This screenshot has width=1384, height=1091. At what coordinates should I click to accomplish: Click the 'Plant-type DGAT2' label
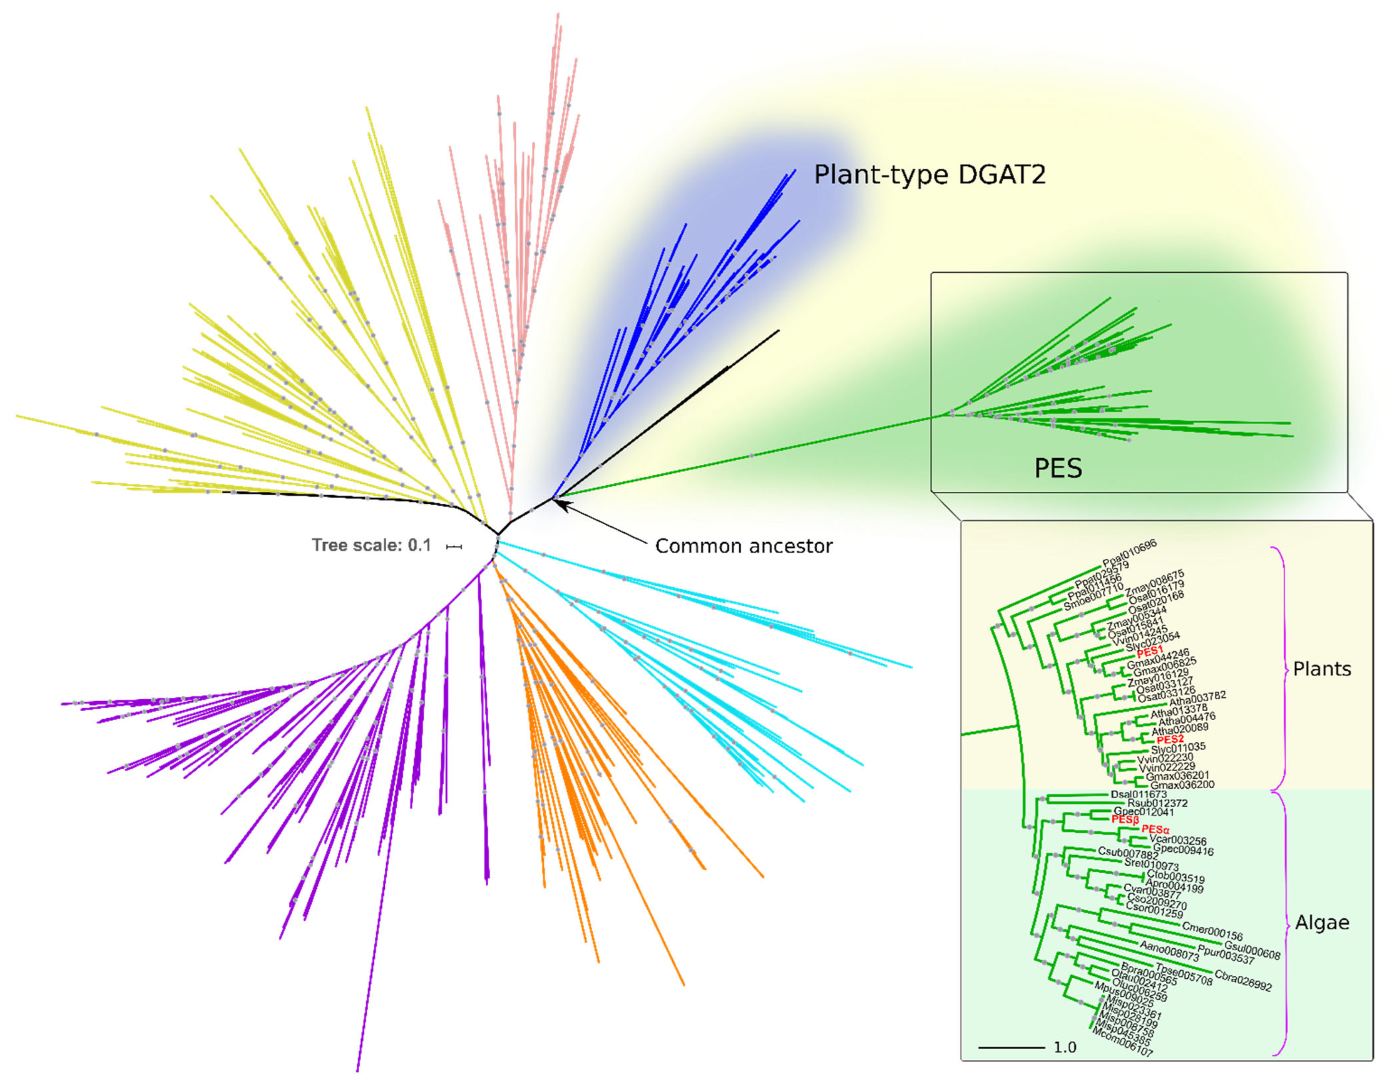point(929,174)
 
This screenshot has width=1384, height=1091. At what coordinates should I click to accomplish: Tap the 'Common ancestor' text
point(743,546)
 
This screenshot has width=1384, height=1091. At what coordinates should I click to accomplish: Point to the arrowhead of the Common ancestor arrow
point(555,502)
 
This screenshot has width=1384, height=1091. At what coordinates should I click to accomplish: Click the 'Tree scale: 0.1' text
point(371,545)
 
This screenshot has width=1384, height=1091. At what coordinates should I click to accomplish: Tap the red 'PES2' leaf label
point(1170,739)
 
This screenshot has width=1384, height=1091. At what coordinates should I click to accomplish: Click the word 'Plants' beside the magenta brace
point(1322,669)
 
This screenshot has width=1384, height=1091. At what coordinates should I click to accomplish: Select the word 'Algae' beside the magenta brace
point(1322,923)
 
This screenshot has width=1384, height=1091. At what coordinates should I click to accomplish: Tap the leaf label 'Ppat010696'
point(1129,553)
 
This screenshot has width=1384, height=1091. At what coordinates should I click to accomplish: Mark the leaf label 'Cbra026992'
point(1242,980)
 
